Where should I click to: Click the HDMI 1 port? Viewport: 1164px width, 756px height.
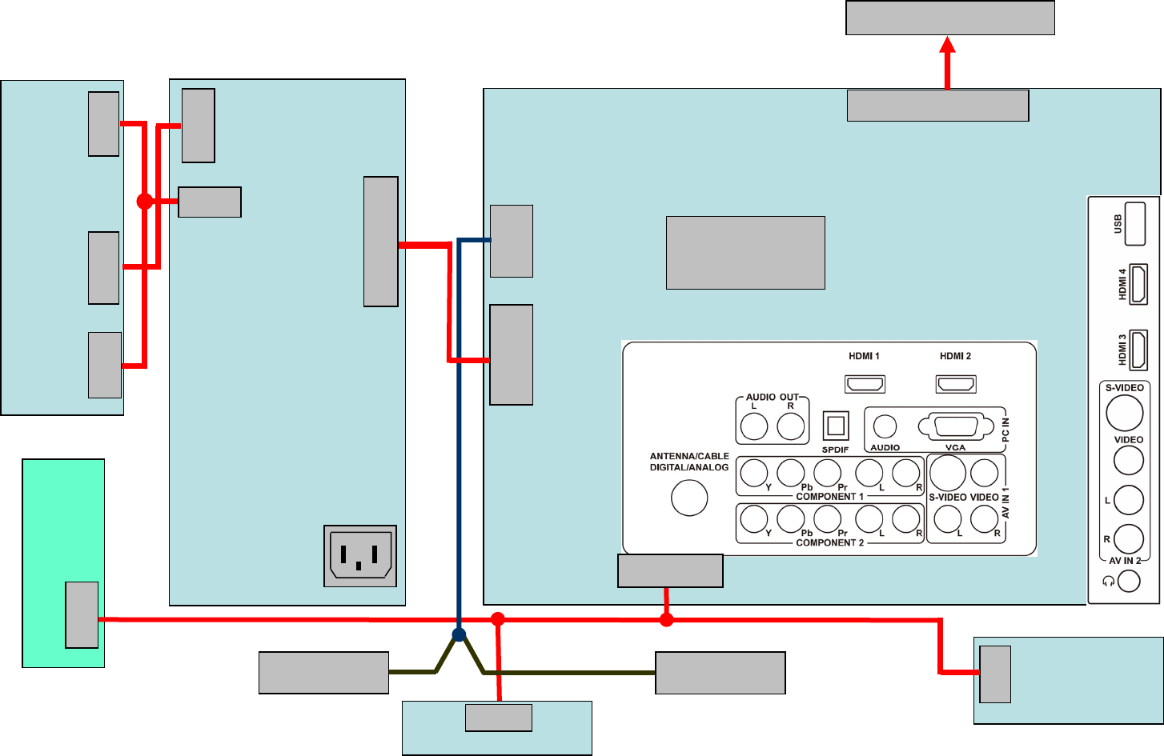tap(865, 384)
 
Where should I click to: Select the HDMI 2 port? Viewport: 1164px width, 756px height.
tap(956, 384)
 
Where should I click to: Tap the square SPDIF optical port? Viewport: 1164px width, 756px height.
tap(836, 426)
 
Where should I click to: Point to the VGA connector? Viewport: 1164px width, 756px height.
tap(955, 426)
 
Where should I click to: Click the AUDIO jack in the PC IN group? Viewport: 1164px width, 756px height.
tap(885, 426)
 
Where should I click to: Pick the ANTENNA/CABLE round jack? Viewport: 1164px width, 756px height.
tap(689, 498)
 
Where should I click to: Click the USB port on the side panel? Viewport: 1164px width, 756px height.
tap(1135, 224)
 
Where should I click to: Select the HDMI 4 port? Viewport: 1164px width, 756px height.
tap(1138, 284)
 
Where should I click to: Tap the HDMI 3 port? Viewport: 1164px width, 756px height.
tap(1138, 350)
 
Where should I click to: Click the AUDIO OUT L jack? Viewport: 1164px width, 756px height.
tap(754, 426)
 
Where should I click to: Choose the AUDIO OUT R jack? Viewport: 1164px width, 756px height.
tap(791, 426)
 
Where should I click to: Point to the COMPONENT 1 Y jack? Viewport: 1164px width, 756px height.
tap(754, 473)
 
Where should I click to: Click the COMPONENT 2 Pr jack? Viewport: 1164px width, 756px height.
tap(827, 519)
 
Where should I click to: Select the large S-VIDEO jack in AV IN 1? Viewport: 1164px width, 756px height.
tap(948, 472)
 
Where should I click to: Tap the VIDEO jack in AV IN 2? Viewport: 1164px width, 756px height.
tap(1129, 460)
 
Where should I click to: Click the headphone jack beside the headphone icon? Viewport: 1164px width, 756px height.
tap(1129, 581)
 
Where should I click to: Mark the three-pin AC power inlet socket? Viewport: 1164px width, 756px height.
tap(360, 556)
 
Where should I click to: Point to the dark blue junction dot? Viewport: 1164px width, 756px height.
tap(459, 635)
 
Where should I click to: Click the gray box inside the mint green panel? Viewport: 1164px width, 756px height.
tap(82, 614)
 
